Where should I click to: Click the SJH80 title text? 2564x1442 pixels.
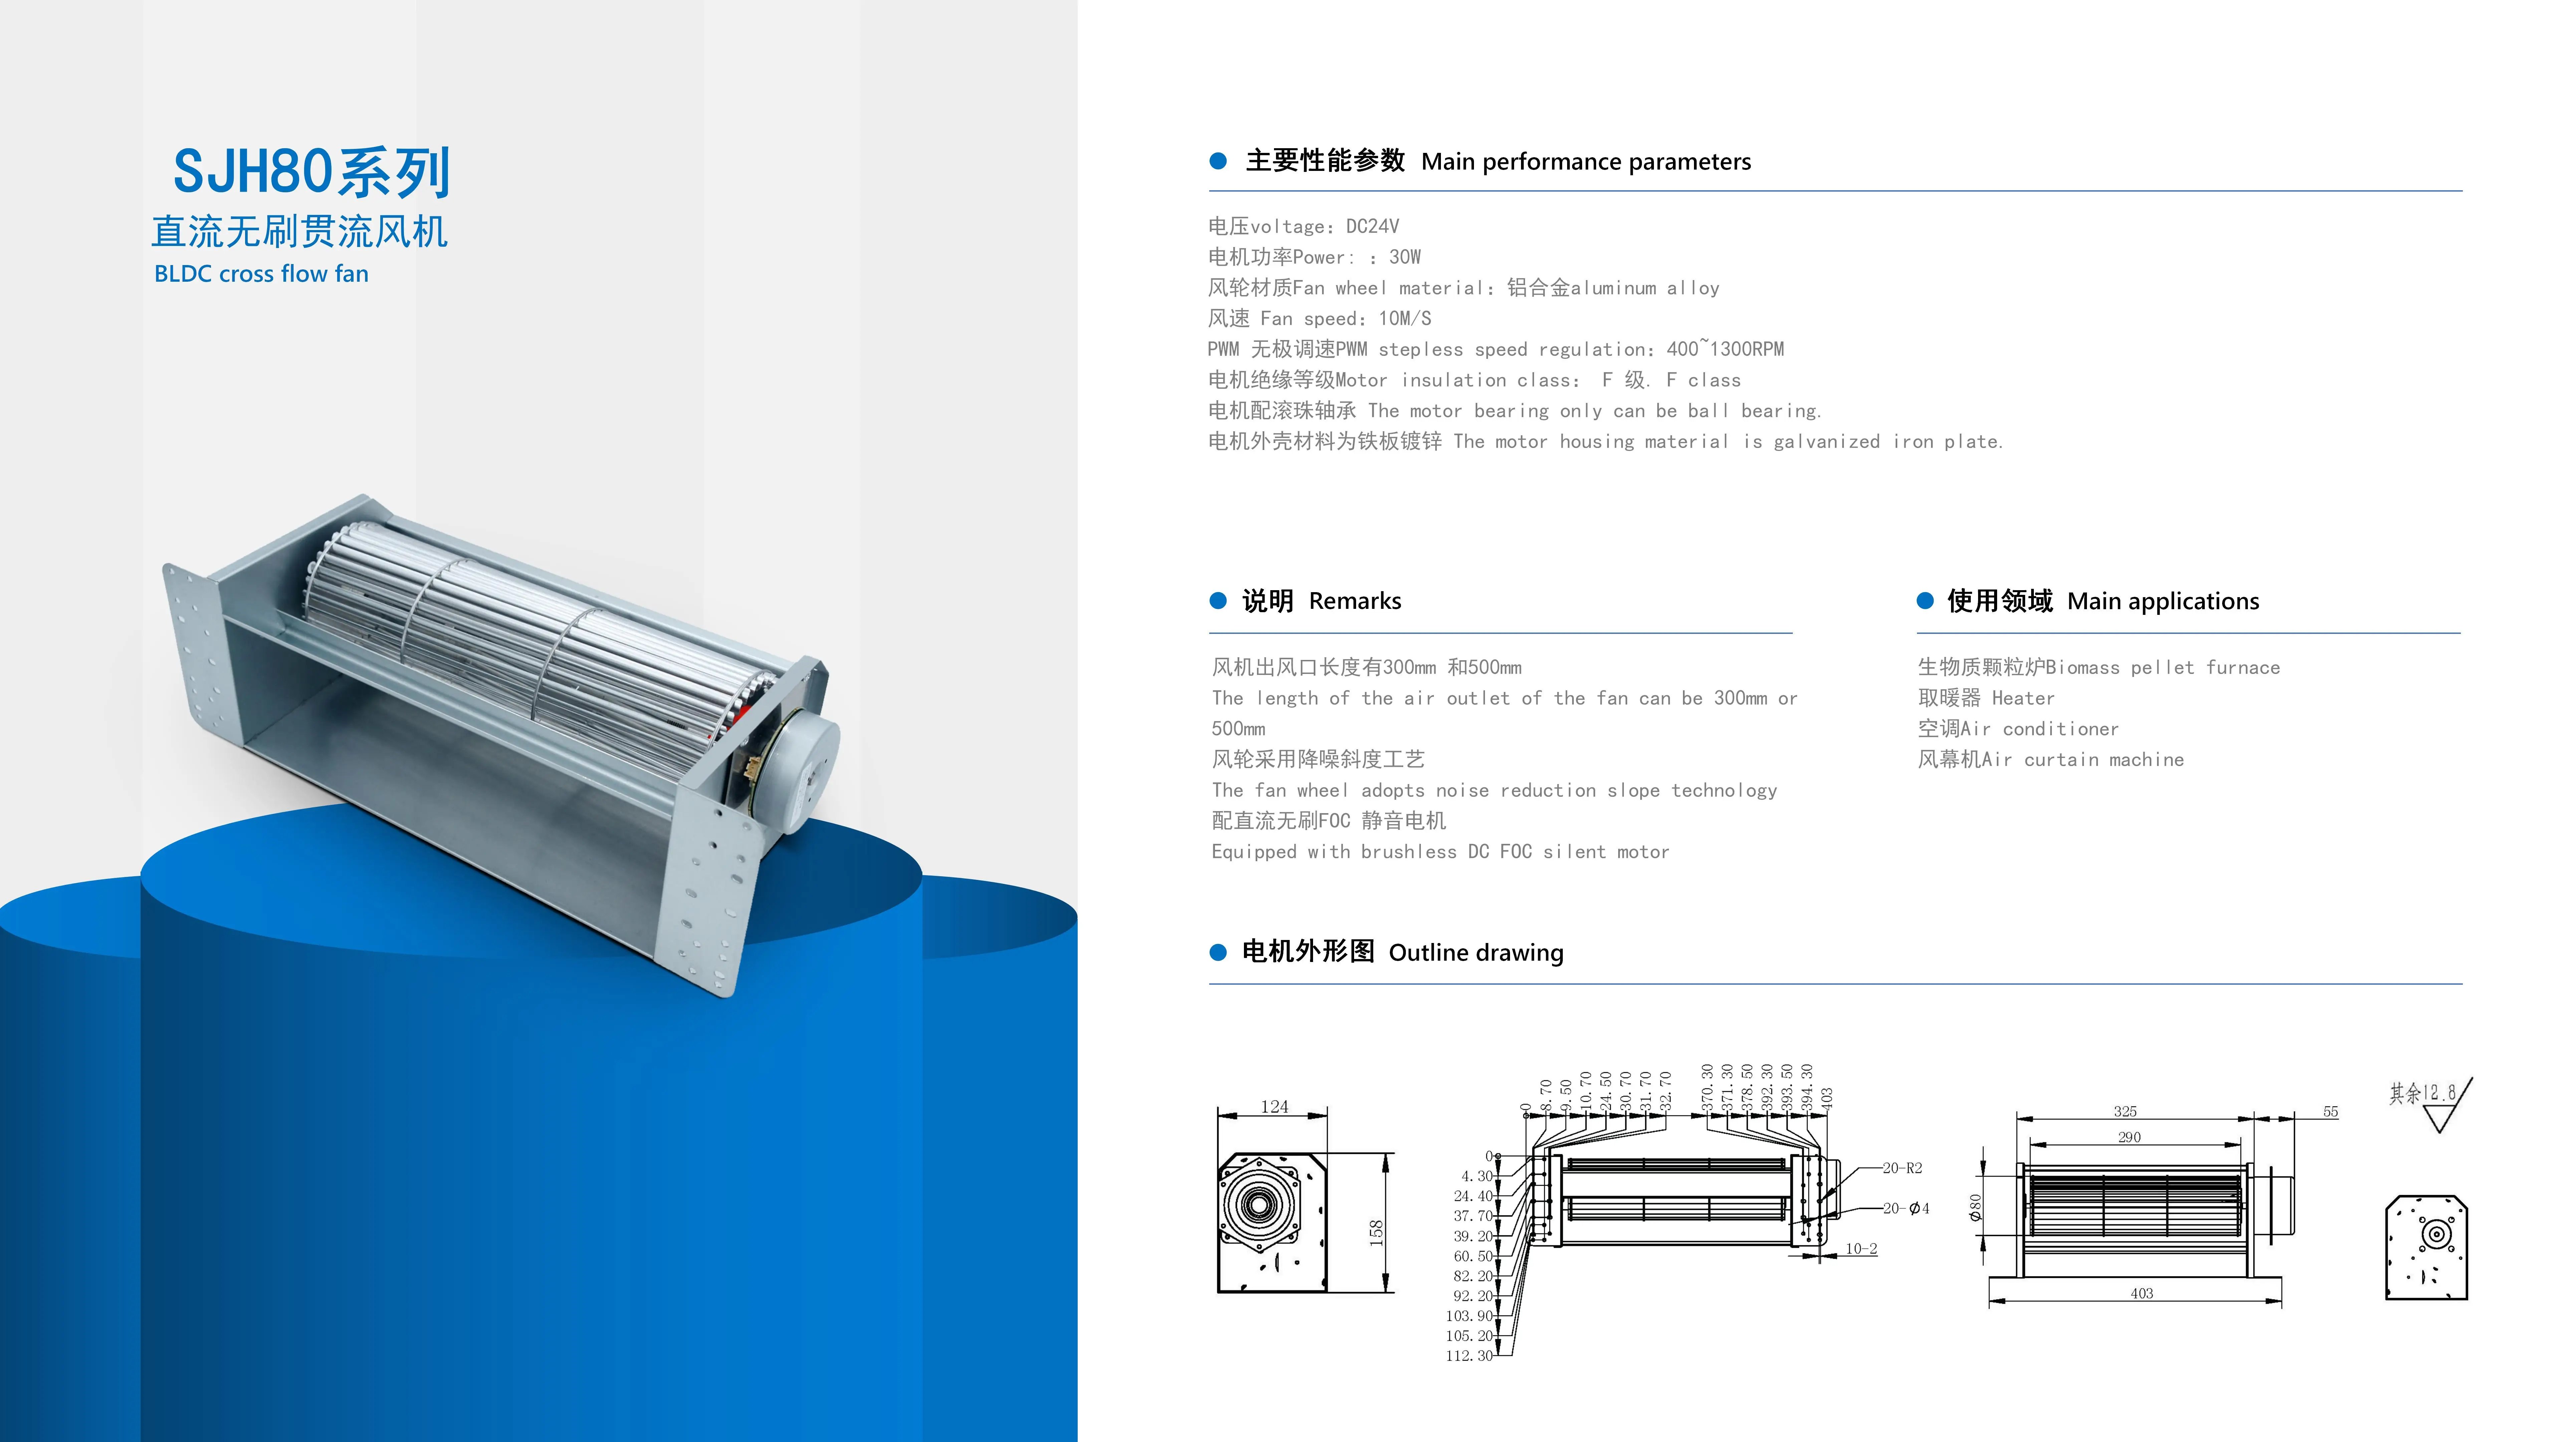pos(311,172)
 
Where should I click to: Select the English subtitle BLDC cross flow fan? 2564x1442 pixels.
pos(261,274)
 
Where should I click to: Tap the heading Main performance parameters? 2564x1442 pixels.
pos(1585,162)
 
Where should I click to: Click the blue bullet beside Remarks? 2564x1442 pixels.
pos(1217,600)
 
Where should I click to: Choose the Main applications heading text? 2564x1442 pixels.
pos(2163,601)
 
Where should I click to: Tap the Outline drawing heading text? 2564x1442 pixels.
pos(1476,952)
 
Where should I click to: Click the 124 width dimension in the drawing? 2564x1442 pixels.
pos(1274,1107)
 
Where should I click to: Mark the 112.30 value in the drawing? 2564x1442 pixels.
pos(1469,1356)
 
